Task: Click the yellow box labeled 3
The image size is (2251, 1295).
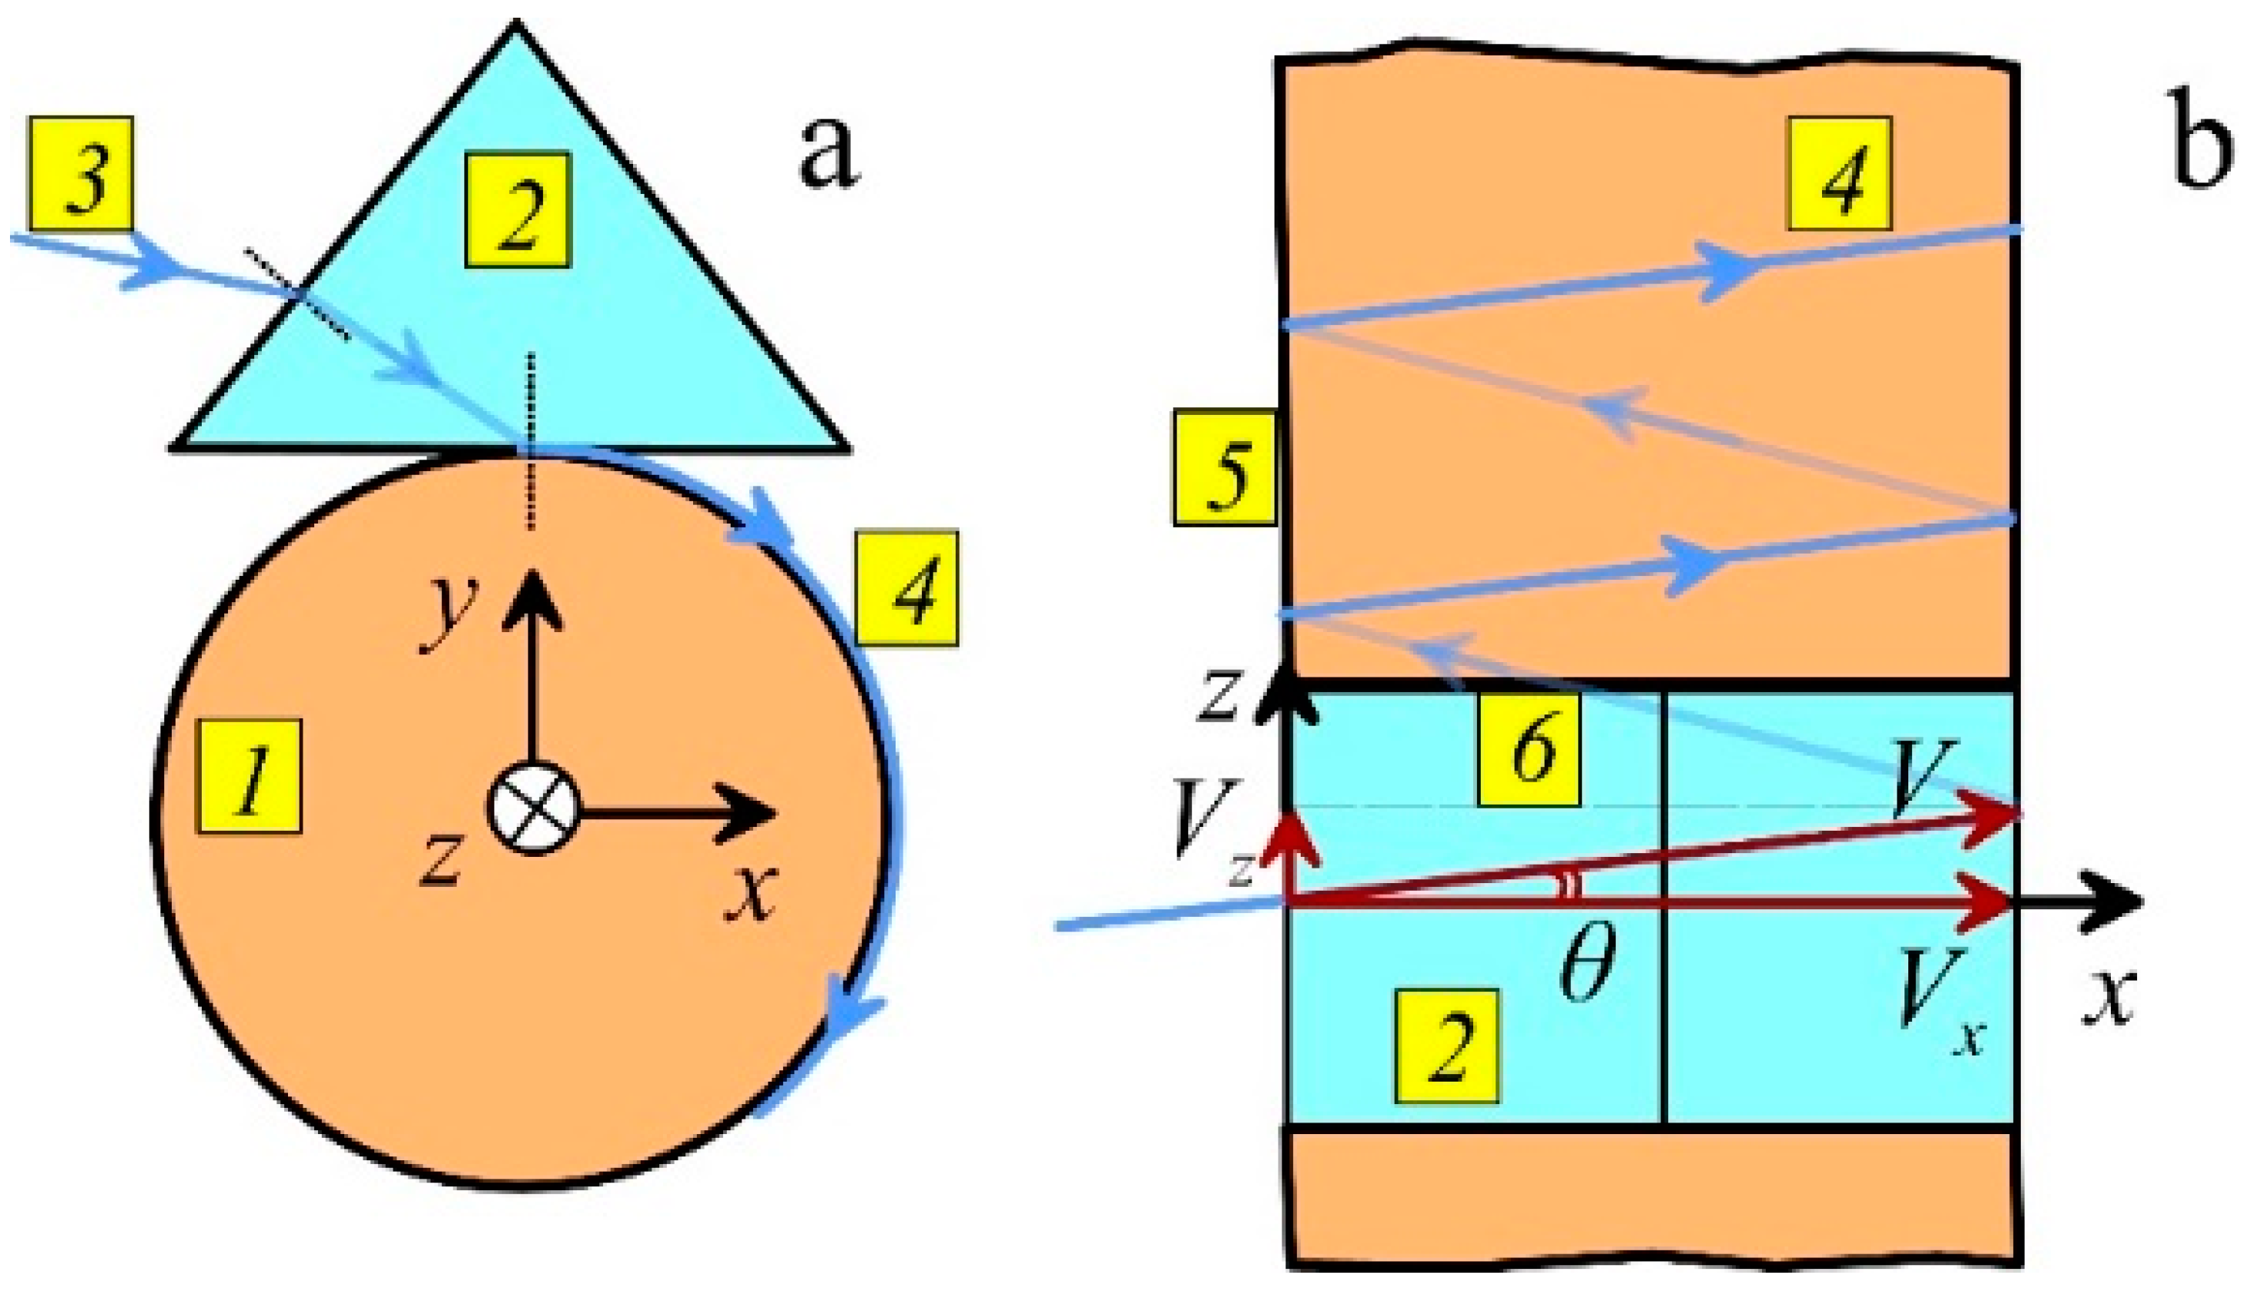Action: click(x=82, y=173)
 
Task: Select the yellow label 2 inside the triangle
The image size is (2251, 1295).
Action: click(x=518, y=210)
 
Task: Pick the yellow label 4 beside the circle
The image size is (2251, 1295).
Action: click(x=907, y=589)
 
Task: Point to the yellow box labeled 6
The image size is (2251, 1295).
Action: click(x=1529, y=750)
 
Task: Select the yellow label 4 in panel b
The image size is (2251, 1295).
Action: click(x=1840, y=173)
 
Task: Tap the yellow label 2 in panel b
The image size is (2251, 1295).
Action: click(x=1447, y=1046)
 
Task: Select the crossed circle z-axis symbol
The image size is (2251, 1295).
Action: click(x=533, y=808)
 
